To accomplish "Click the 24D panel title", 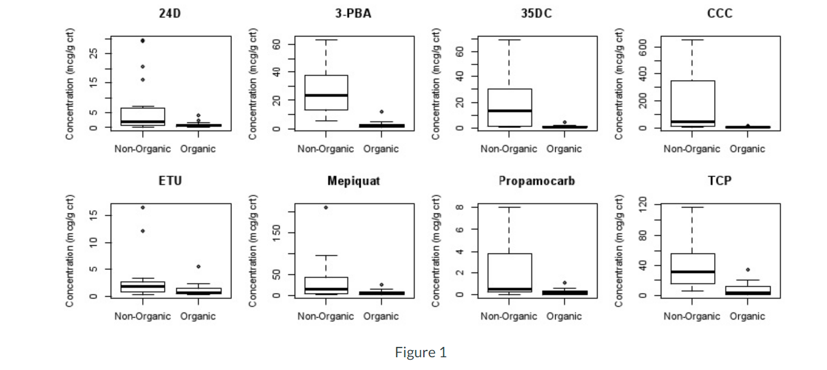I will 170,13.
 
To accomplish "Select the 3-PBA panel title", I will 353,13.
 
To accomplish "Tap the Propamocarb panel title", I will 536,181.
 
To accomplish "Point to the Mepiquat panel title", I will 353,181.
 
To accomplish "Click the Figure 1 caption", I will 420,352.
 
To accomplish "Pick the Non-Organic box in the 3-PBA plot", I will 326,92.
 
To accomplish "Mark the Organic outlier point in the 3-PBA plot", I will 381,112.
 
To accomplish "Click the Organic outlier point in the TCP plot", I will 747,269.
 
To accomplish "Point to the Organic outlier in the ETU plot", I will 198,266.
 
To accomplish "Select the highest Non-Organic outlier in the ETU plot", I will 143,207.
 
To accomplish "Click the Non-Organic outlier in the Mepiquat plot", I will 326,207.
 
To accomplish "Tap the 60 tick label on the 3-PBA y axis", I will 276,45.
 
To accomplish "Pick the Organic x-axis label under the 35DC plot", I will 564,149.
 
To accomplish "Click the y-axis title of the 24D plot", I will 71,83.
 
